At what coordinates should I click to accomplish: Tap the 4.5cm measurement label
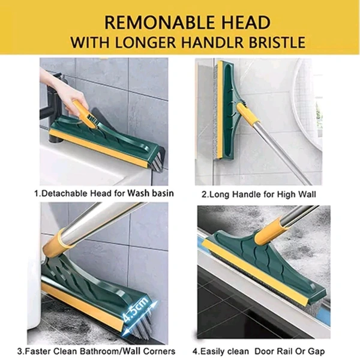pyautogui.click(x=136, y=308)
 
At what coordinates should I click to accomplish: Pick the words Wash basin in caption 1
pyautogui.click(x=150, y=193)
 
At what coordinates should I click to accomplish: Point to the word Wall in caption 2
pyautogui.click(x=307, y=194)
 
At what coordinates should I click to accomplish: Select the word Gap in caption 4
pyautogui.click(x=316, y=352)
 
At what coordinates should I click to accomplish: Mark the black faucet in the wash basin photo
pyautogui.click(x=52, y=108)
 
